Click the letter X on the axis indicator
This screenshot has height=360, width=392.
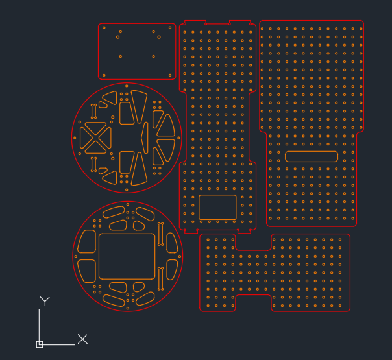pos(82,339)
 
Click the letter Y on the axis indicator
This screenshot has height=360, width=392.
pos(45,301)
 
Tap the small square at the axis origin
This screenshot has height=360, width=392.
pos(40,344)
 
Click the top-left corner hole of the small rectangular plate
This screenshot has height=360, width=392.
pos(104,28)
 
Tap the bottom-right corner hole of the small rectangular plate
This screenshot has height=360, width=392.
pos(170,75)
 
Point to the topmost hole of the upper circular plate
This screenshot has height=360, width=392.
pos(127,86)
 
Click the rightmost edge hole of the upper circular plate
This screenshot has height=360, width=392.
pos(178,138)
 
